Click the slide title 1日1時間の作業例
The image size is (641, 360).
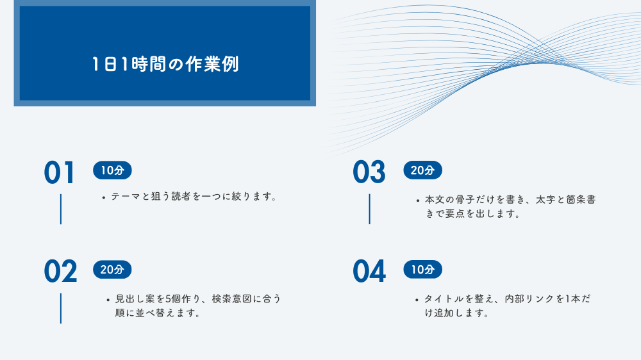165,64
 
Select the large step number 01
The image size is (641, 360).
59,172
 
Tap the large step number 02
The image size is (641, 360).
60,272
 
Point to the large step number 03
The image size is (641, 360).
369,172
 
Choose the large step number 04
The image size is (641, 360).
369,272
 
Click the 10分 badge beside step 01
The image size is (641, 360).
112,170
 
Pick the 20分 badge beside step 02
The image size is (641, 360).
112,270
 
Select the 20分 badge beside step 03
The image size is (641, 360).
422,170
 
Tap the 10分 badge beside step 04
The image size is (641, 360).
422,269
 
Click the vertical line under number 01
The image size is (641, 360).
61,209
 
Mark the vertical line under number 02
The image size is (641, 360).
61,308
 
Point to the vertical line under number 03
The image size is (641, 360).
370,209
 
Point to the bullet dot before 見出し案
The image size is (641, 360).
108,300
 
